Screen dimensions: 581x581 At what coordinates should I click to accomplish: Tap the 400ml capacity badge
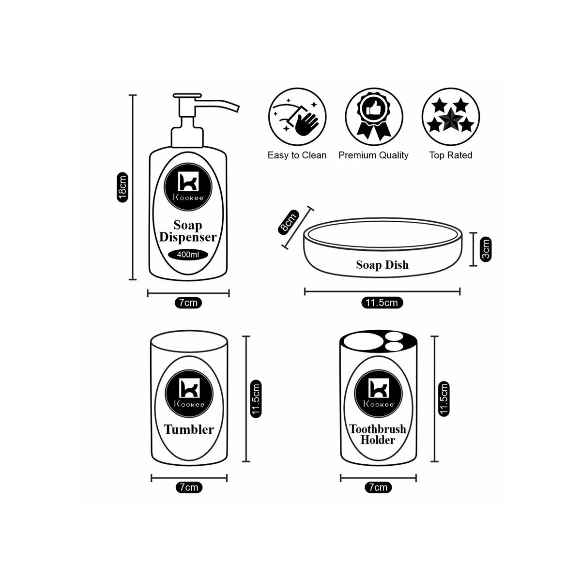187,255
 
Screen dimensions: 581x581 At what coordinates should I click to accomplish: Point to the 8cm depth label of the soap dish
289,221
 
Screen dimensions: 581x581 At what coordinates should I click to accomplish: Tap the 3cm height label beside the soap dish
487,249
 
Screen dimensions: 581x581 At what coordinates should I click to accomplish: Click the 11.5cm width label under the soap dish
382,303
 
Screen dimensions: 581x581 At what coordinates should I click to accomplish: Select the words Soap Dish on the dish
382,265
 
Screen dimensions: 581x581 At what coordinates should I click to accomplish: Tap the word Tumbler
189,429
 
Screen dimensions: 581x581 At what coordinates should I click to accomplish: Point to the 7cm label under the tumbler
189,488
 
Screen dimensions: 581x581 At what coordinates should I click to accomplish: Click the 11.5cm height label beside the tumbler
257,398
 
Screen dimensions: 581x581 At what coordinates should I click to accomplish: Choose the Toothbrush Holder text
378,434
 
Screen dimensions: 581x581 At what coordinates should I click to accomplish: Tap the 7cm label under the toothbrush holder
378,488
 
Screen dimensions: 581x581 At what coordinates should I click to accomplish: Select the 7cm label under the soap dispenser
188,303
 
